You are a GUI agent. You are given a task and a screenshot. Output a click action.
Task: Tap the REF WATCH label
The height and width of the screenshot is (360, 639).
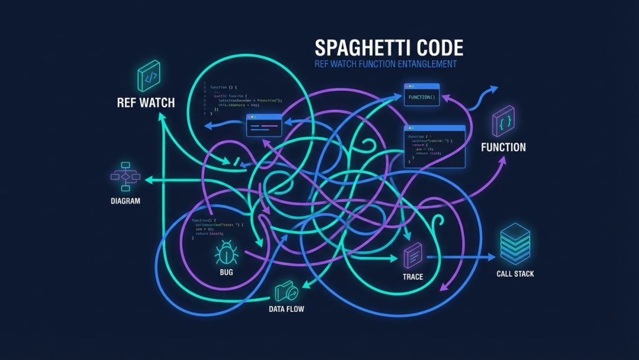(x=146, y=102)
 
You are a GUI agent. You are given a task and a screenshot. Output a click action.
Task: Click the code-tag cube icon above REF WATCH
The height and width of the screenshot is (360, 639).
(x=149, y=76)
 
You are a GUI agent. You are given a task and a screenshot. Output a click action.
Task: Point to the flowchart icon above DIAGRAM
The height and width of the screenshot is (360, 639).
(x=125, y=176)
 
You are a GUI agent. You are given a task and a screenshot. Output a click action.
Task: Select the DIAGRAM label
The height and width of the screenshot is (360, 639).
(x=125, y=201)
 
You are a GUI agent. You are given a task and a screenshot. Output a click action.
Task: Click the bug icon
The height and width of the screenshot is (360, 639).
(x=226, y=253)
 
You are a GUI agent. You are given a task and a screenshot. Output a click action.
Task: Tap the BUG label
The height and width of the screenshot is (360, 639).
(x=226, y=272)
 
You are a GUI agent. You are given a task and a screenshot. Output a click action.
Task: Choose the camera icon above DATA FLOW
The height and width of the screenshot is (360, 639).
(x=287, y=291)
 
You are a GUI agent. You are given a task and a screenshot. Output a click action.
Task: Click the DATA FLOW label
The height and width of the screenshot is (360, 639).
(x=286, y=309)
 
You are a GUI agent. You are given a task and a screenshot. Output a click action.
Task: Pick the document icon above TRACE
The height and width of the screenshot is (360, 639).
(x=413, y=256)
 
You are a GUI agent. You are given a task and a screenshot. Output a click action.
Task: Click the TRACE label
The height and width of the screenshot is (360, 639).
(x=413, y=277)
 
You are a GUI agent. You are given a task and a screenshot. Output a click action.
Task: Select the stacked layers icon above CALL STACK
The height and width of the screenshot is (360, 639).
(x=515, y=243)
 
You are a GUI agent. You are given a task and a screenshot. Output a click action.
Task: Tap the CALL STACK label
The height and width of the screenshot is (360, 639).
(x=515, y=274)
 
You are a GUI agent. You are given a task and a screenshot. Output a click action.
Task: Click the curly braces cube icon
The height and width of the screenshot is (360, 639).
(x=504, y=121)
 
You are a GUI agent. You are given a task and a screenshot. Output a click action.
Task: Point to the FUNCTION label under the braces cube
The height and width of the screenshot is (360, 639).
(x=504, y=147)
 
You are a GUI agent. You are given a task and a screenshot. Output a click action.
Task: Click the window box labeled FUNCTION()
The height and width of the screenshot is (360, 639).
(x=422, y=95)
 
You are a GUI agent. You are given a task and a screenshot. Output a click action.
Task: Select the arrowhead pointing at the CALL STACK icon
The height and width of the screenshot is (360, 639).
(x=492, y=257)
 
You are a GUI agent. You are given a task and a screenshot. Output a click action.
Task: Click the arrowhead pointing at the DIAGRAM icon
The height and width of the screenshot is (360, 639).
(x=149, y=179)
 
